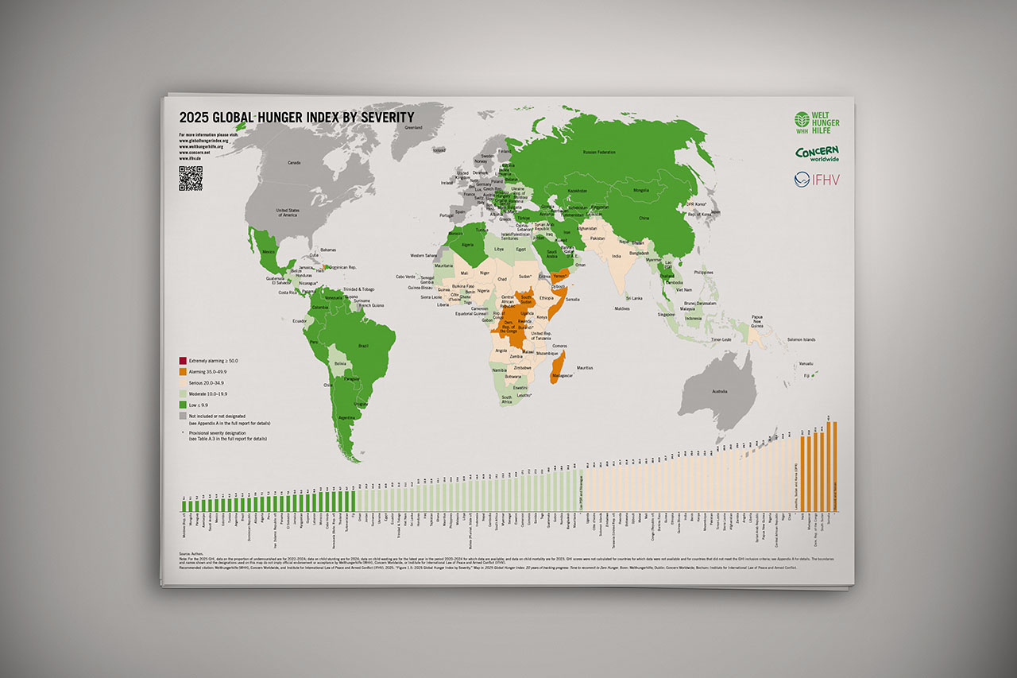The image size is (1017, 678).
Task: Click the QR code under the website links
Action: coord(191,179)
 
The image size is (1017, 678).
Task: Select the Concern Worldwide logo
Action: coord(818,153)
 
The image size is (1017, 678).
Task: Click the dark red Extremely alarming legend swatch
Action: coord(184,361)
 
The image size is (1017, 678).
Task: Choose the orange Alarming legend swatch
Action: coord(184,372)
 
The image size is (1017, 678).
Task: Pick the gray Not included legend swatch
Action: coord(184,416)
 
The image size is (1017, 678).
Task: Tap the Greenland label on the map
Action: coord(414,127)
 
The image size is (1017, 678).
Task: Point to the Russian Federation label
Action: coord(600,152)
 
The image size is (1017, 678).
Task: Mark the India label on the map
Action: coord(616,257)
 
